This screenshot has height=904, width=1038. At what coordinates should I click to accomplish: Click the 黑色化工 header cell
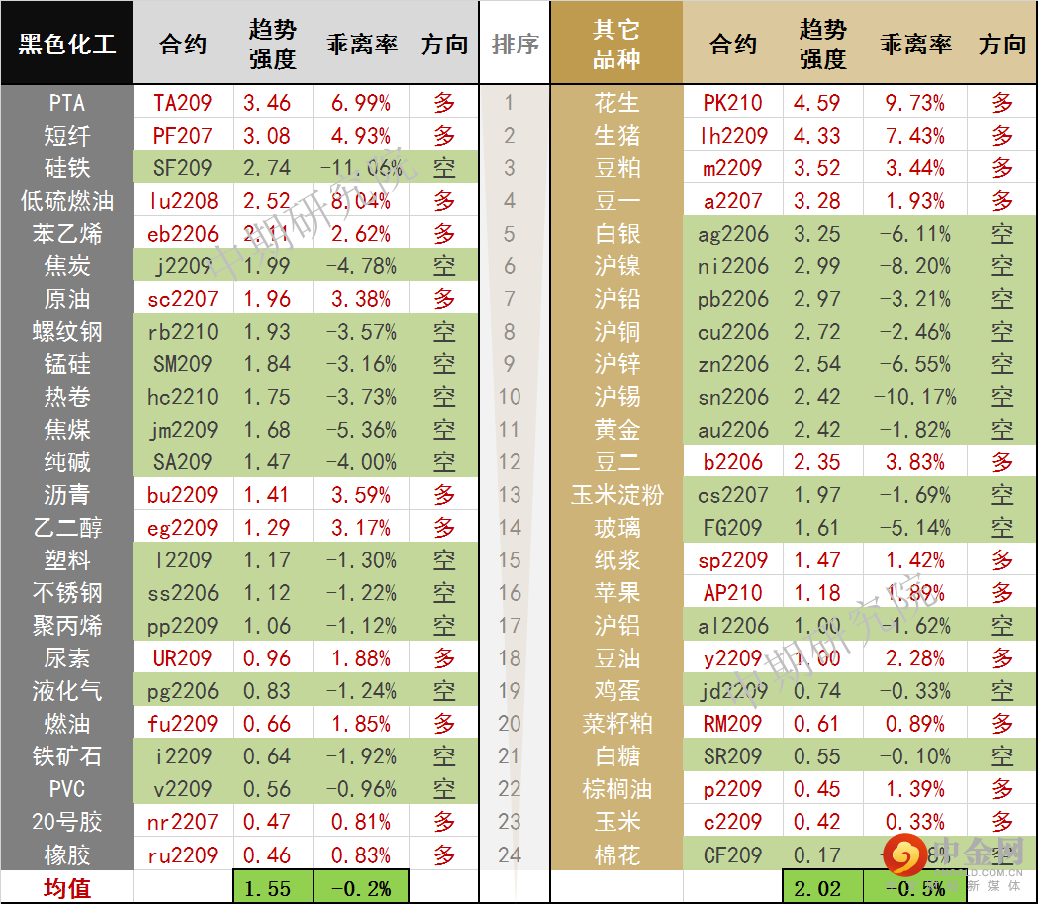click(x=66, y=45)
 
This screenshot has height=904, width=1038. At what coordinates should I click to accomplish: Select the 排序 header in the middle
click(x=515, y=45)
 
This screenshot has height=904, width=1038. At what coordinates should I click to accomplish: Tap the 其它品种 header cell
click(x=616, y=45)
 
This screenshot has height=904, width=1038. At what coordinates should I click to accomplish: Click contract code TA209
click(x=183, y=103)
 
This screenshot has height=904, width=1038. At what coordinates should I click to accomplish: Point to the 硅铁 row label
click(x=66, y=168)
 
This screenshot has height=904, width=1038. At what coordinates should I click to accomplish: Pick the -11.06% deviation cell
click(x=361, y=168)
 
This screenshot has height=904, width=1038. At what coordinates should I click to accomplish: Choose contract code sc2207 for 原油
click(x=183, y=299)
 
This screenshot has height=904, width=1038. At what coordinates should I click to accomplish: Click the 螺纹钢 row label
click(x=66, y=332)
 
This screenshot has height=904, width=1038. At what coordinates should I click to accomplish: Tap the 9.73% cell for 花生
click(x=915, y=103)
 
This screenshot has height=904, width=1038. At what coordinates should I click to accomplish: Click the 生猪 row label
click(x=616, y=136)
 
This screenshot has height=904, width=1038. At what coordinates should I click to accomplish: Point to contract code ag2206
click(x=733, y=234)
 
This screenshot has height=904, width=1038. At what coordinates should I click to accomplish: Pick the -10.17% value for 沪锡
click(x=915, y=397)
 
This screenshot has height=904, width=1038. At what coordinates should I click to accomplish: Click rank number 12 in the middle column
click(x=510, y=462)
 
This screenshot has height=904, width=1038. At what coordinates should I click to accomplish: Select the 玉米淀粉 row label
click(x=616, y=495)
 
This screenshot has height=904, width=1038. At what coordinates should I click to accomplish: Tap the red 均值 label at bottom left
click(x=66, y=888)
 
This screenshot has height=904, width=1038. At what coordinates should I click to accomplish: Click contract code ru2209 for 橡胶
click(x=183, y=854)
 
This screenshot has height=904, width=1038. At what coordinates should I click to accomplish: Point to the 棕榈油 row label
click(x=616, y=789)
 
